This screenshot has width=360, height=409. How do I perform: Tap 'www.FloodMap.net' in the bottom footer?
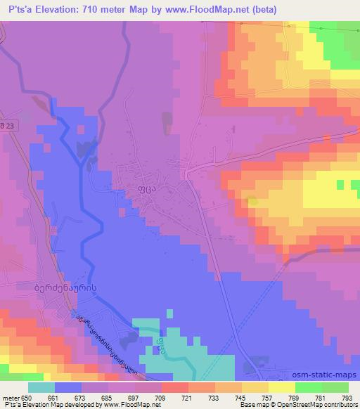pos(130,405)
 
